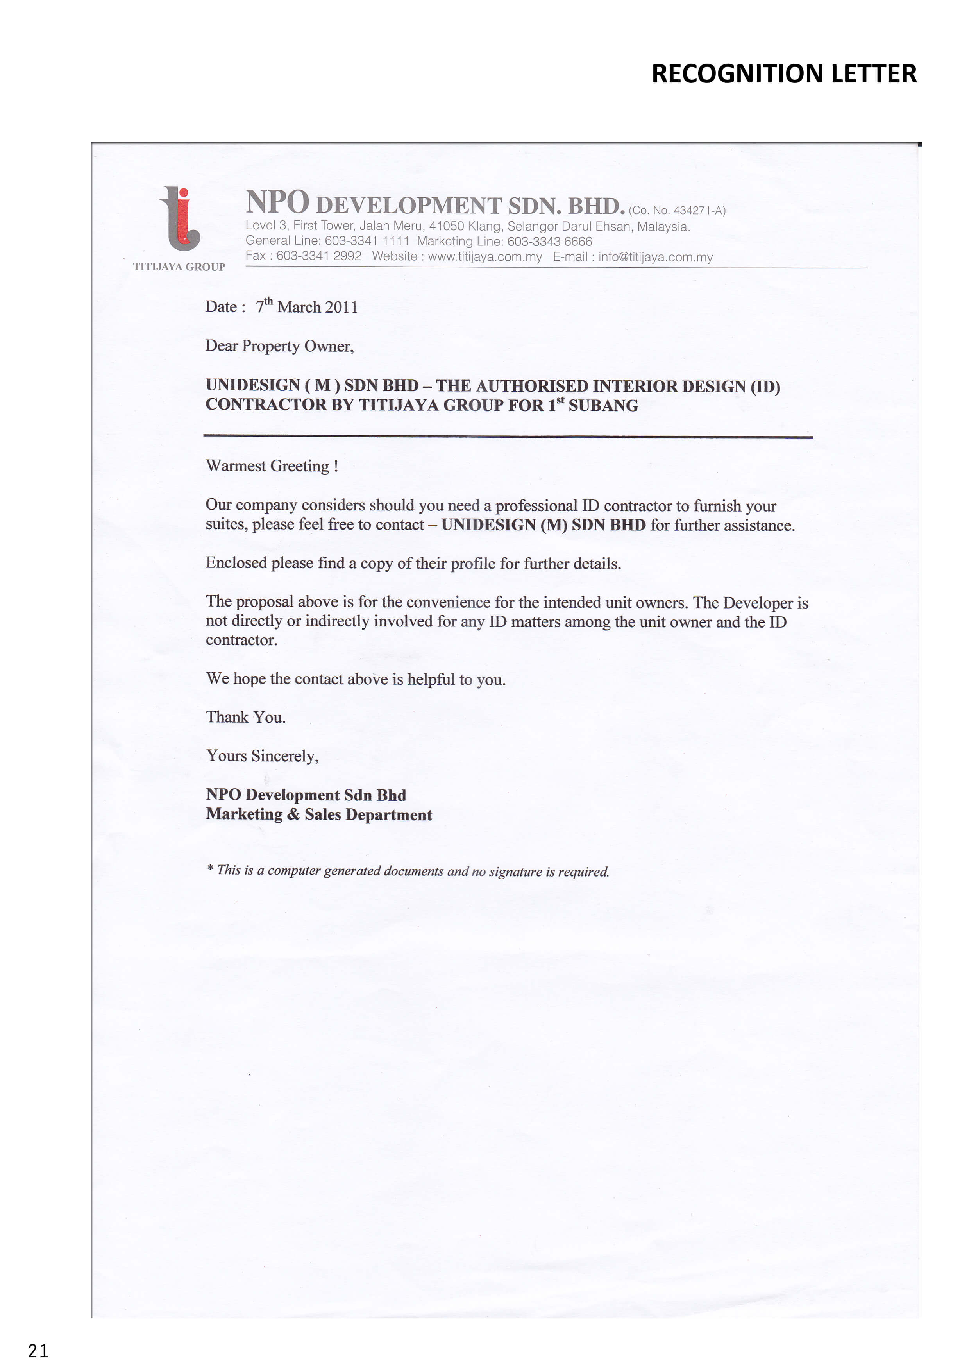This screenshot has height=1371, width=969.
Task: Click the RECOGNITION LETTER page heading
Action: pyautogui.click(x=783, y=74)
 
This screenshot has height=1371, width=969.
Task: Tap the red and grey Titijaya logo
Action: pyautogui.click(x=179, y=218)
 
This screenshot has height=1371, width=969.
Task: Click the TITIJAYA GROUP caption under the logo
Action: pyautogui.click(x=179, y=267)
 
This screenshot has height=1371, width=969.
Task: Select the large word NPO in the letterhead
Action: pyautogui.click(x=278, y=202)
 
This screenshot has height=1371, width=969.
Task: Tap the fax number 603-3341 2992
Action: pyautogui.click(x=319, y=256)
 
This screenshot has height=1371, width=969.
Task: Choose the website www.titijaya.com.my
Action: pyautogui.click(x=485, y=257)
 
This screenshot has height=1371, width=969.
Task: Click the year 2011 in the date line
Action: pyautogui.click(x=341, y=308)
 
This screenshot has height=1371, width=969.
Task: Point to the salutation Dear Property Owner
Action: pyautogui.click(x=279, y=346)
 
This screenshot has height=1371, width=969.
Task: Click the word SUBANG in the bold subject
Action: pyautogui.click(x=603, y=406)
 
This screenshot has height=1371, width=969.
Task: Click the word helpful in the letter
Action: pyautogui.click(x=431, y=680)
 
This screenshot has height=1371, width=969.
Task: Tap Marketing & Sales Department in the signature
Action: pyautogui.click(x=319, y=815)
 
